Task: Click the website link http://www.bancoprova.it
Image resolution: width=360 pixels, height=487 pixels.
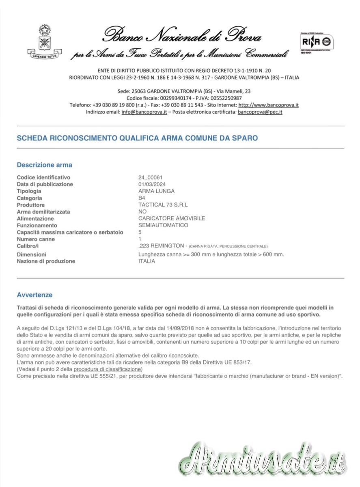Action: pyautogui.click(x=268, y=105)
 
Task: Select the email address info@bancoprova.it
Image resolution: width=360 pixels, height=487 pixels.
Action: pyautogui.click(x=144, y=112)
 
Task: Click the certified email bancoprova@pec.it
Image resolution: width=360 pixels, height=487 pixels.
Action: pyautogui.click(x=260, y=112)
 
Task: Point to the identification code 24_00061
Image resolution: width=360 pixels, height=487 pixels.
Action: pyautogui.click(x=151, y=177)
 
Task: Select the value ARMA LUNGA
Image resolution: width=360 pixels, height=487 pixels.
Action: pyautogui.click(x=156, y=191)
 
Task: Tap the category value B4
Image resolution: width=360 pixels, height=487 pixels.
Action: pyautogui.click(x=142, y=198)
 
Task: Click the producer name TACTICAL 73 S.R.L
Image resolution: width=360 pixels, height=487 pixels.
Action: pyautogui.click(x=163, y=205)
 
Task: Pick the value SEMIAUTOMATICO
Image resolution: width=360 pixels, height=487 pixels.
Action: pyautogui.click(x=163, y=225)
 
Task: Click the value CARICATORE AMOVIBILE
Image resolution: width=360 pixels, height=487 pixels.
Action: pyautogui.click(x=172, y=218)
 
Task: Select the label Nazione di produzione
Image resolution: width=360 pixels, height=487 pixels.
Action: pyautogui.click(x=46, y=261)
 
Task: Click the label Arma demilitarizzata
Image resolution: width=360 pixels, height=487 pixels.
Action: pyautogui.click(x=43, y=212)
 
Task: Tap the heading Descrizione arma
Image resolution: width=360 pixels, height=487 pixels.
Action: pyautogui.click(x=44, y=165)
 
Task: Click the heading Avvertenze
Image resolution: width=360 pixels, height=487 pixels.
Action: pyautogui.click(x=34, y=295)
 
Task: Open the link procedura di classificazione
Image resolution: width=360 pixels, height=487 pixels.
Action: pyautogui.click(x=108, y=369)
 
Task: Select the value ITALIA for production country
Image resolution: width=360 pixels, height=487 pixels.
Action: pyautogui.click(x=147, y=261)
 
